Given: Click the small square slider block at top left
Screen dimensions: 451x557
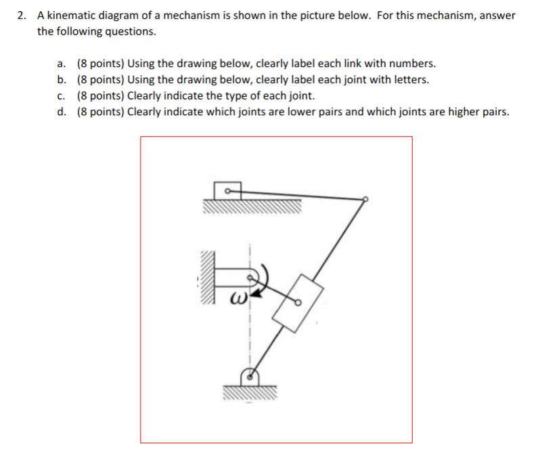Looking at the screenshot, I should click(228, 191).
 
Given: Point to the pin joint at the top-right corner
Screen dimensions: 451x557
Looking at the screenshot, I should click(365, 199).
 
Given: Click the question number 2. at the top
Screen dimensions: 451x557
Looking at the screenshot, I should click(23, 16).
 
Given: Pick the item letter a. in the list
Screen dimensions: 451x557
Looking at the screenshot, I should click(62, 64).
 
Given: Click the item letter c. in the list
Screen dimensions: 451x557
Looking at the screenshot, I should click(62, 95).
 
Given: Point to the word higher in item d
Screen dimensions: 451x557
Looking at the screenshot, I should click(442, 111).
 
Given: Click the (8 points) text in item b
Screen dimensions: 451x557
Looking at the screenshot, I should click(99, 79).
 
